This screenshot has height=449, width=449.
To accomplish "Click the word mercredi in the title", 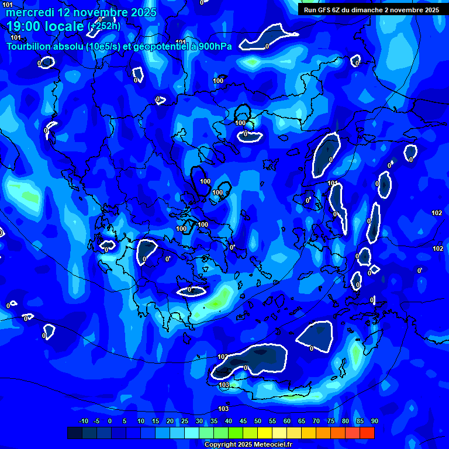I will tap(26, 12).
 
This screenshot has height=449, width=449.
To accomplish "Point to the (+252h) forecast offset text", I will tap(104, 26).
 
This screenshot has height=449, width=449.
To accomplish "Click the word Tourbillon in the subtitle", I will tap(29, 47).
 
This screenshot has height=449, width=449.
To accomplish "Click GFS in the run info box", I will tap(325, 10).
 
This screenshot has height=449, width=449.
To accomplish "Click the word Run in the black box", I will tap(310, 10).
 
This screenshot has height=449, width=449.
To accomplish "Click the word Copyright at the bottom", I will tap(220, 445).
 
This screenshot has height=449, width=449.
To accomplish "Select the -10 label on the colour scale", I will tap(83, 421).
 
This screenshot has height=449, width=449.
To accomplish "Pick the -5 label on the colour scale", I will tap(96, 421).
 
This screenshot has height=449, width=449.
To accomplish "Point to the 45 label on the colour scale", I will tap(243, 421).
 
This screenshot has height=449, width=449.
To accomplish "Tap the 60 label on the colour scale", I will tap(287, 421).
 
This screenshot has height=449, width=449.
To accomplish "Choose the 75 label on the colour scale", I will tap(331, 421).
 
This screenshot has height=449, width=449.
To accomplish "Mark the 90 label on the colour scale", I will tap(375, 421).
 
